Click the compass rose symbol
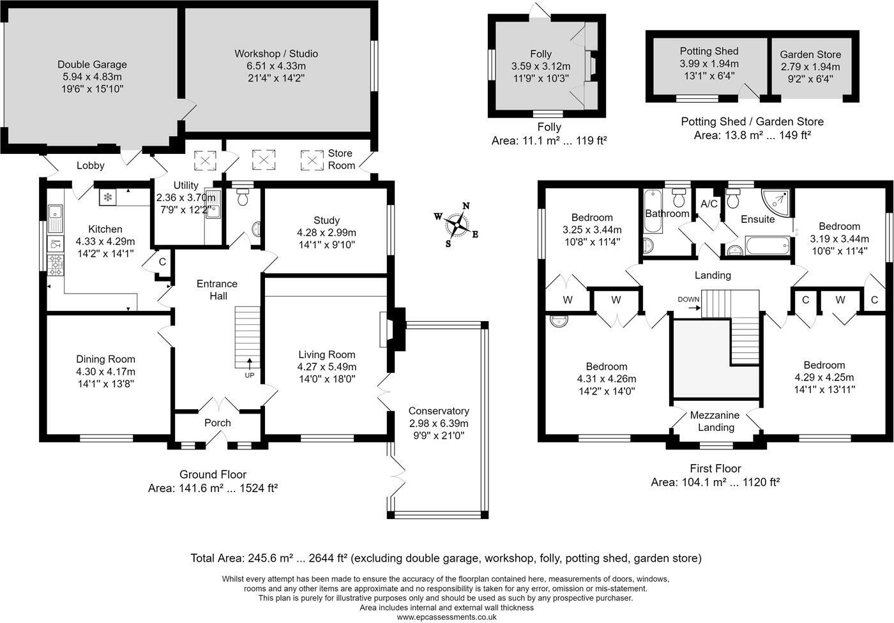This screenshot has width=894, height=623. tap(457, 224)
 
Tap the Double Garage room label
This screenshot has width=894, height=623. tap(92, 64)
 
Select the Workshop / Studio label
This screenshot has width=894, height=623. tap(276, 54)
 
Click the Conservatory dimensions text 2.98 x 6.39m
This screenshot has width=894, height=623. tap(439, 423)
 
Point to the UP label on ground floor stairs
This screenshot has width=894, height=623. tap(249, 375)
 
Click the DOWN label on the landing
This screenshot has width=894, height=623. tap(688, 299)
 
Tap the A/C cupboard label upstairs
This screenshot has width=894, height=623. tap(709, 204)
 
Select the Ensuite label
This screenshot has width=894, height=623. tap(757, 219)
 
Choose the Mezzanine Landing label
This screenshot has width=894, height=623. tap(715, 421)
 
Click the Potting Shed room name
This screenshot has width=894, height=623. tap(709, 51)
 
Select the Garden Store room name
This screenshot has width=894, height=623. tap(810, 54)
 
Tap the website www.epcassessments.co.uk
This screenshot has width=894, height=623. tap(446, 617)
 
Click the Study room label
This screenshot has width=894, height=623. tap(326, 220)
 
